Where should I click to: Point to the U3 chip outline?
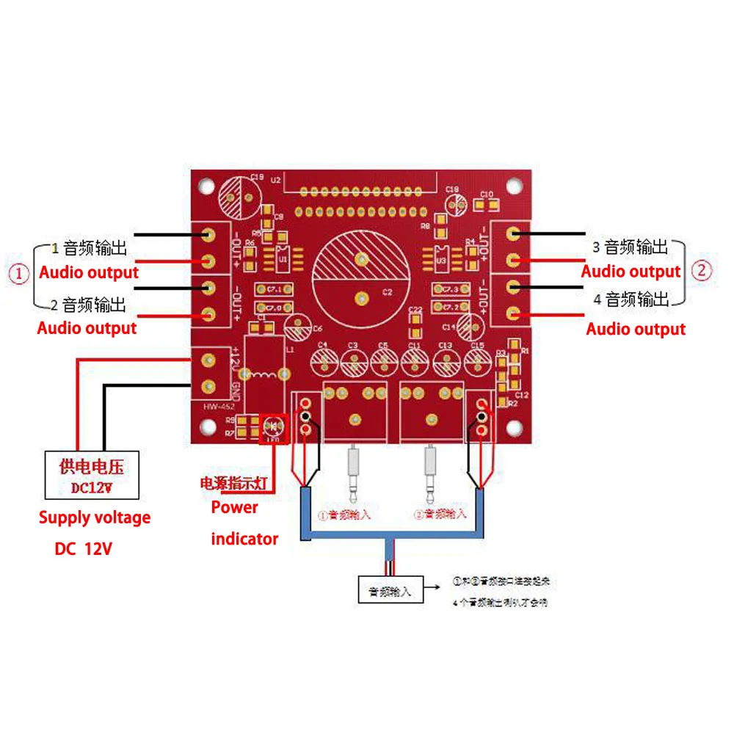coord(442,258)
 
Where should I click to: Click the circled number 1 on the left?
coord(20,274)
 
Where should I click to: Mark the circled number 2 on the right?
coord(702,270)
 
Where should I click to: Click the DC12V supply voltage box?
coord(90,476)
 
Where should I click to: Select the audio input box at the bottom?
coord(390,589)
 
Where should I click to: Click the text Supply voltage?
coord(95,517)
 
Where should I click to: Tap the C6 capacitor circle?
coord(300,327)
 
